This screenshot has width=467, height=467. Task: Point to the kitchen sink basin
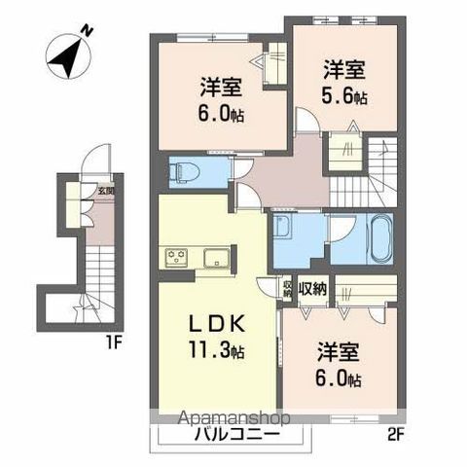tap(213, 257)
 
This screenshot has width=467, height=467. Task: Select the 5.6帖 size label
tap(346, 97)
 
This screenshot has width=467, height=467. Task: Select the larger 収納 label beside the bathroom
tap(312, 287)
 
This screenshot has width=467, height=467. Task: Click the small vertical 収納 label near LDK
tap(288, 288)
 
